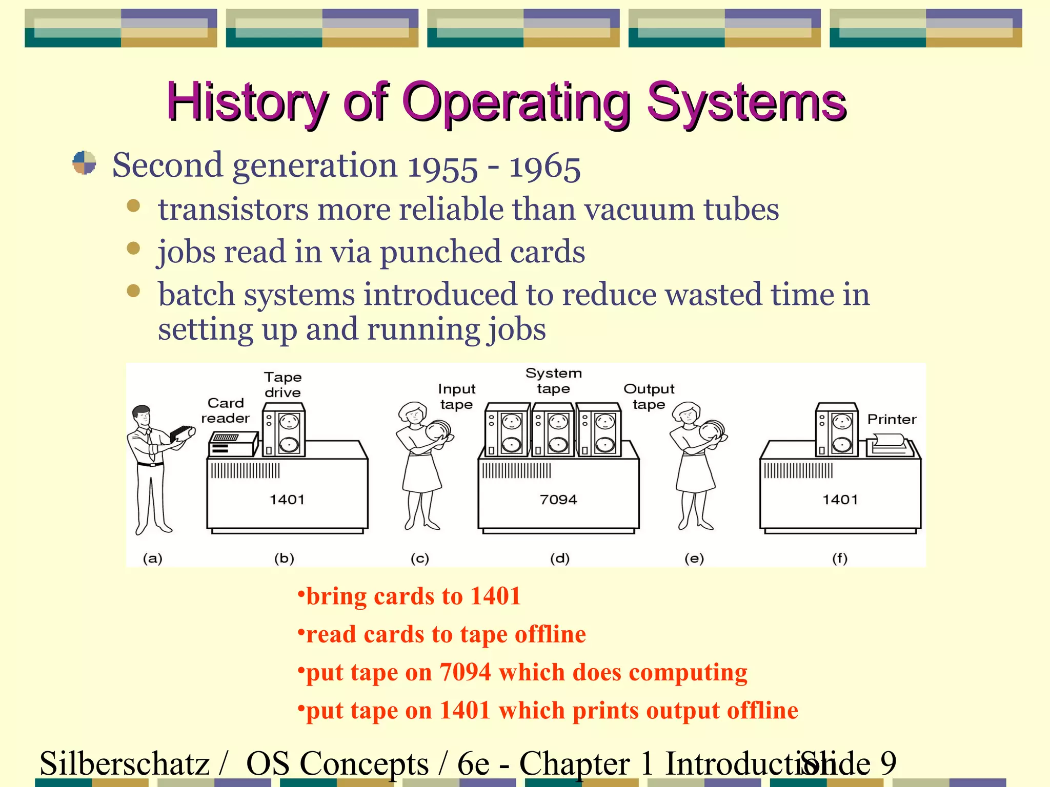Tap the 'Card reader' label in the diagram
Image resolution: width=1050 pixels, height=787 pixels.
click(226, 410)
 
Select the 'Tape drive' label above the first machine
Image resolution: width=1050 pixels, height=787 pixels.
click(283, 385)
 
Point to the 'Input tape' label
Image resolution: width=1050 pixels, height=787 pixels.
click(457, 397)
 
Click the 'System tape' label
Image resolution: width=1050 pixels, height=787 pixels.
click(554, 381)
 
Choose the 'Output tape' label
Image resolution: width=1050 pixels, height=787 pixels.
click(649, 397)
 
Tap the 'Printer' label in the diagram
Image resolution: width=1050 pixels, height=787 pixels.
click(892, 419)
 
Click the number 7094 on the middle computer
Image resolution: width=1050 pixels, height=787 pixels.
click(558, 500)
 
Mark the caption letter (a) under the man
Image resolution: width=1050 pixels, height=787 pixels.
click(152, 558)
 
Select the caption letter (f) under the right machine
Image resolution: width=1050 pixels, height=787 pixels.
click(840, 558)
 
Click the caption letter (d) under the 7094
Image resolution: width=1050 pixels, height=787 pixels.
click(560, 558)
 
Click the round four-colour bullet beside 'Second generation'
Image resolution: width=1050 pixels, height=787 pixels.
click(84, 163)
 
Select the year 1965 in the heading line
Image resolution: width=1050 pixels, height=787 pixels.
click(544, 167)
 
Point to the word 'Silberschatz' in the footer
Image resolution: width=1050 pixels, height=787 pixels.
click(125, 763)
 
